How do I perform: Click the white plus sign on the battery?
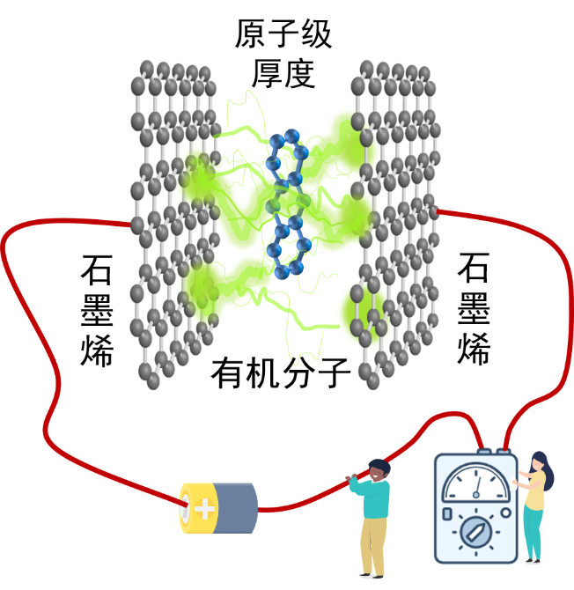tap(204, 508)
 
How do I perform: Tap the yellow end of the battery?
tap(197, 508)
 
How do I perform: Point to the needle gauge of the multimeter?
tap(476, 483)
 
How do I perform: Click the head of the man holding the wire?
tap(379, 469)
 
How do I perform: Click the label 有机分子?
tap(281, 372)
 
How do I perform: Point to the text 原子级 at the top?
tap(283, 33)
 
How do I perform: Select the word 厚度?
tap(283, 73)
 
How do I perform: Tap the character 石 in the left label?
tap(97, 269)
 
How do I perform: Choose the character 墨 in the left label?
tap(97, 310)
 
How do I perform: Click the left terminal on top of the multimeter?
tap(484, 451)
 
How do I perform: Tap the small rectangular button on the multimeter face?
tap(447, 514)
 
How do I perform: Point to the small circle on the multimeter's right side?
tap(506, 513)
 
